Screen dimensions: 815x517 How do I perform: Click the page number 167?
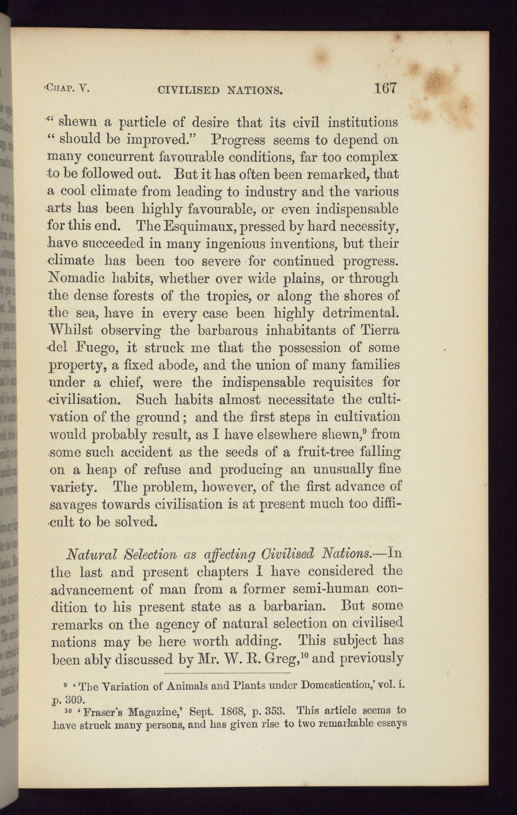pos(385,87)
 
